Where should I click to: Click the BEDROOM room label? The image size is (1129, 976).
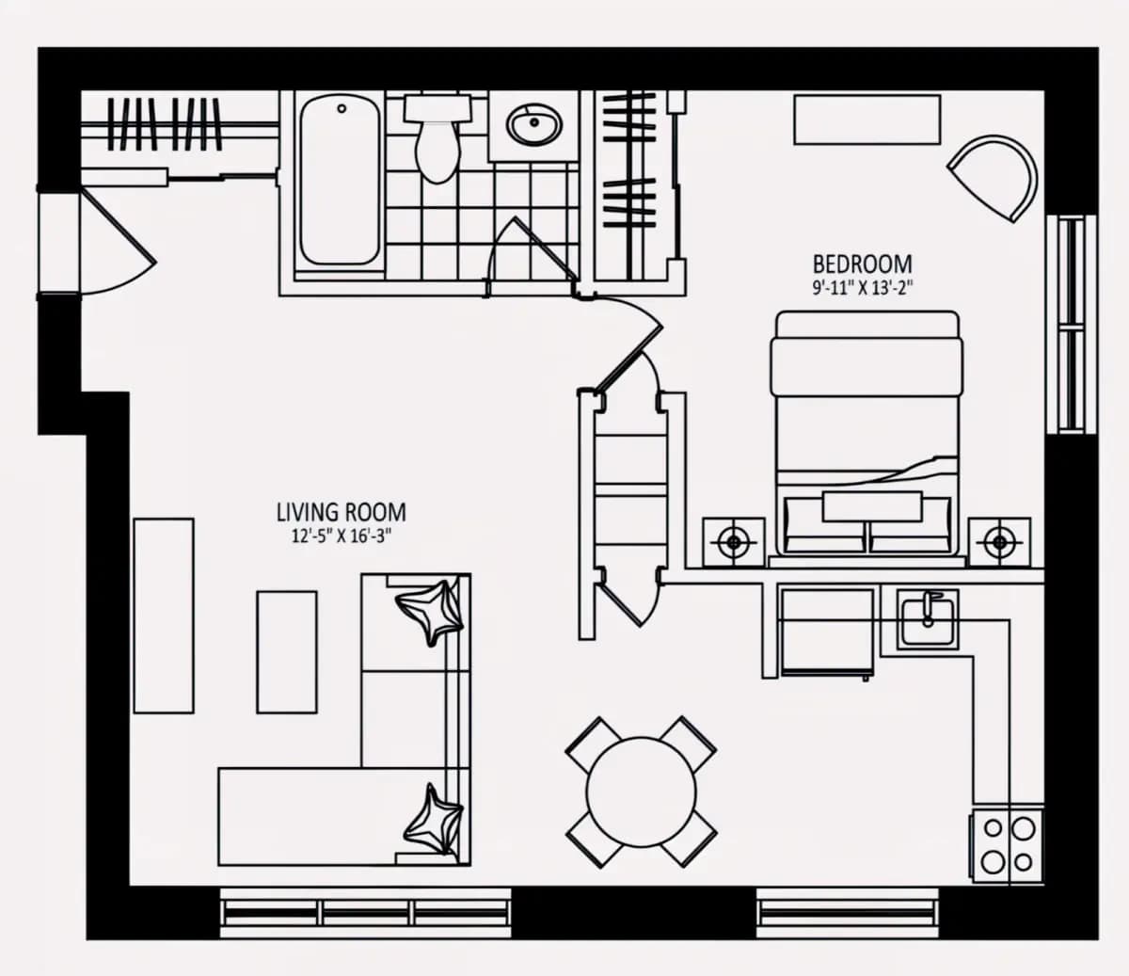[863, 264]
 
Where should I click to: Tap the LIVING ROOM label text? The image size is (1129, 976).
[342, 513]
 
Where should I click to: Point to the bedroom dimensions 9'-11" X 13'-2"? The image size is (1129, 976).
[863, 287]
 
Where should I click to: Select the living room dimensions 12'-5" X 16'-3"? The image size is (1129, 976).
[342, 536]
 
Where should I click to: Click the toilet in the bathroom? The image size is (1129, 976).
[437, 138]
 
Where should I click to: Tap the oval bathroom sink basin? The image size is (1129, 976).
[534, 124]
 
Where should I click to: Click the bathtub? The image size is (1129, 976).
[340, 180]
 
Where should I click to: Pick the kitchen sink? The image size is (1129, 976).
[928, 621]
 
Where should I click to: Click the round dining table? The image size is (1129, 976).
[642, 792]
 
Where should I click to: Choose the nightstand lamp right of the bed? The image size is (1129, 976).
[999, 542]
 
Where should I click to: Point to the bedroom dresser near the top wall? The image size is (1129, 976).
[867, 120]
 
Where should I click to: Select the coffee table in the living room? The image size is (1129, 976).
[287, 652]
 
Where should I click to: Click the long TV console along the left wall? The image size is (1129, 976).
[164, 616]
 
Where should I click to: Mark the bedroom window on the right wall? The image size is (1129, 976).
[1071, 325]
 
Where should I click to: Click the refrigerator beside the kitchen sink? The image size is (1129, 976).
[827, 632]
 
